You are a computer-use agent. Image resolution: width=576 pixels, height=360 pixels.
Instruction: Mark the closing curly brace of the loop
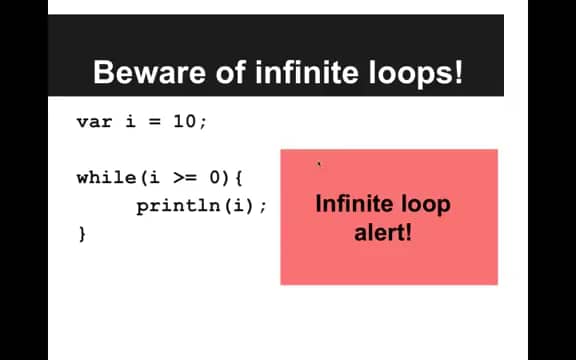[x=82, y=234]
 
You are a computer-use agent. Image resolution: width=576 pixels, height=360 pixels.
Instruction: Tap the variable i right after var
[x=128, y=122]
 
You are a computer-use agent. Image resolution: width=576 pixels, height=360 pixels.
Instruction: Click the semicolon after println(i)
[x=264, y=207]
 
